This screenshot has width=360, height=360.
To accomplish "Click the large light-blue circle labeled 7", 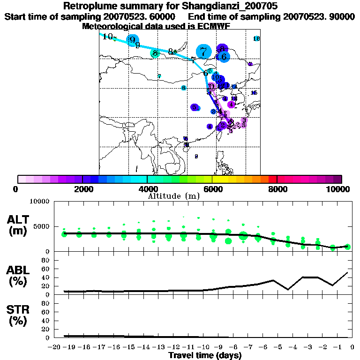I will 203,52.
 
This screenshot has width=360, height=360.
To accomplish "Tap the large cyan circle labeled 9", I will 133,40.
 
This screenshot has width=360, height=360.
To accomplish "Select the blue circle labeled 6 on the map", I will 224,57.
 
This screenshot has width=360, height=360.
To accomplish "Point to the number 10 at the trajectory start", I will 108,37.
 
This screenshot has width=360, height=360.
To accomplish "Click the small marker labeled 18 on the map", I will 256,38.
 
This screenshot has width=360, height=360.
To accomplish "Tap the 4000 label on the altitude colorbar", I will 147,189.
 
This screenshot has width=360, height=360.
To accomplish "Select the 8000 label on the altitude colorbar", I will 277,189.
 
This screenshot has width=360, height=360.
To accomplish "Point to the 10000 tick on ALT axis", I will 39,202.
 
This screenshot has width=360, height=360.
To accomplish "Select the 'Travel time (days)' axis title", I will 204,356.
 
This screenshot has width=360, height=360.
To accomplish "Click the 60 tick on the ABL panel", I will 46,269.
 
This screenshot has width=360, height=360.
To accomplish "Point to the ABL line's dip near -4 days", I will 288,289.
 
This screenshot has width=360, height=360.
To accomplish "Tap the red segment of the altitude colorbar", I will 272,179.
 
